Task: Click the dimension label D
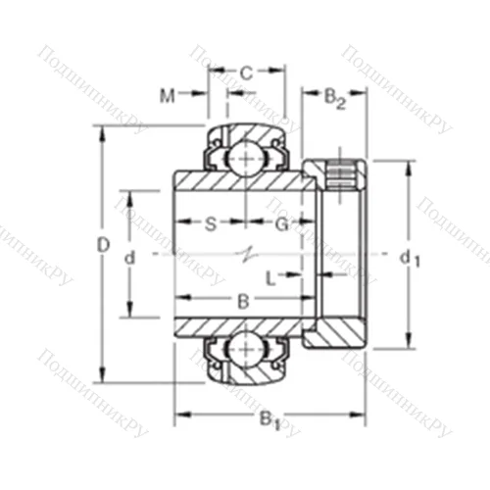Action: pyautogui.click(x=102, y=249)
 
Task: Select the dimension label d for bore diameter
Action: pyautogui.click(x=129, y=257)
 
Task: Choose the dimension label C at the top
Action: pyautogui.click(x=247, y=73)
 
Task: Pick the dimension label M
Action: pyautogui.click(x=168, y=96)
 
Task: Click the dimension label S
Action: pyautogui.click(x=210, y=222)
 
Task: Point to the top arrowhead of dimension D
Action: pyautogui.click(x=102, y=131)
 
